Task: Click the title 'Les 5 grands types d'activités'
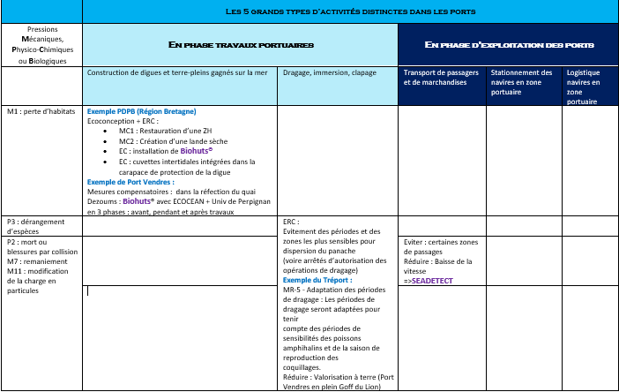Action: coord(350,11)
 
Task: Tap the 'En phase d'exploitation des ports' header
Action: coord(509,44)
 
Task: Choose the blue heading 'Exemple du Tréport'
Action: coord(317,279)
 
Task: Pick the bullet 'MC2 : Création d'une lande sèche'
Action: coord(173,139)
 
